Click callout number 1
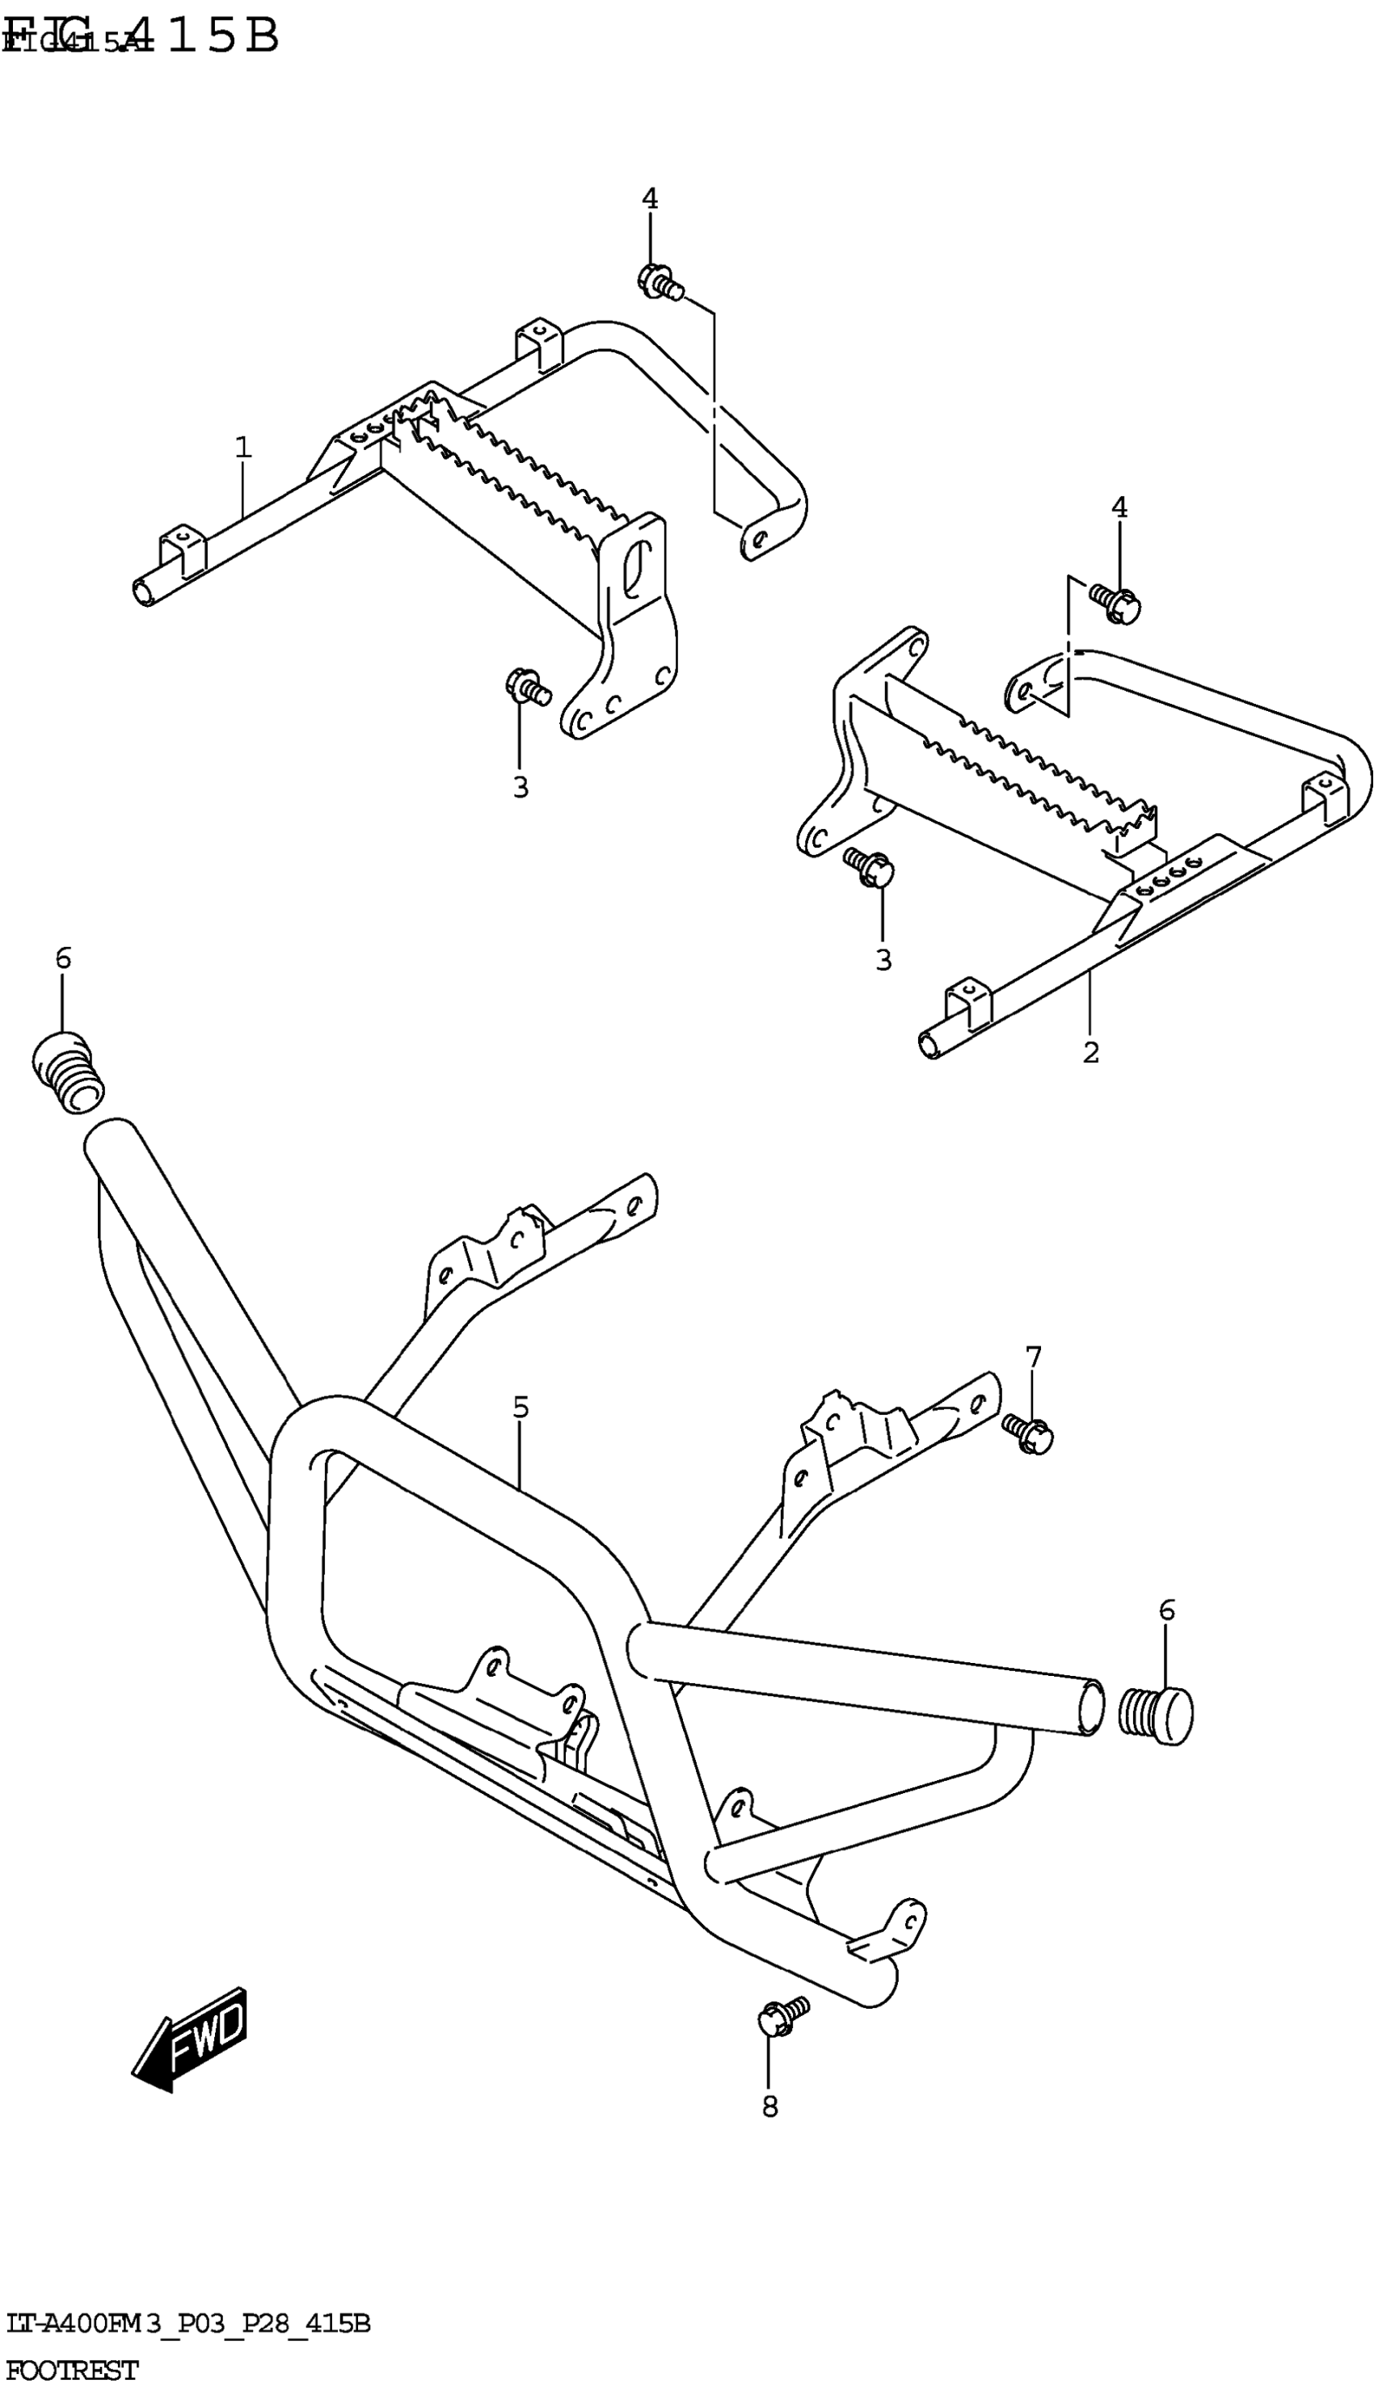click(x=243, y=447)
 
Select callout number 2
click(x=1091, y=1052)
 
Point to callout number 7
click(x=1034, y=1357)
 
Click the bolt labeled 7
click(x=1026, y=1433)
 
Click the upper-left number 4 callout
click(x=649, y=199)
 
